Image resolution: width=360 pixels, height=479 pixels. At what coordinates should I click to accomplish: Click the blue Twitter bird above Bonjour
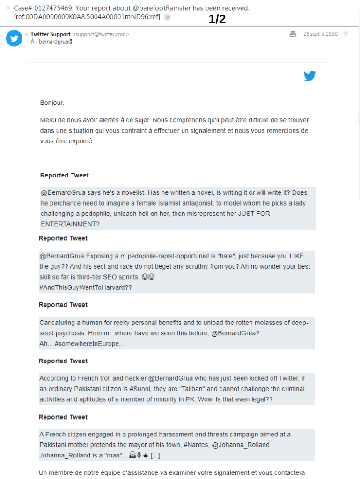(309, 76)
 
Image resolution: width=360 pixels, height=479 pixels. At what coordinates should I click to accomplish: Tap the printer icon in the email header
(293, 34)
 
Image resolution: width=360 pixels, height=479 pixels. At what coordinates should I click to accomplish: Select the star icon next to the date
(345, 34)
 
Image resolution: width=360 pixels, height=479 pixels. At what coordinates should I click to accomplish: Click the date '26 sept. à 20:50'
(320, 34)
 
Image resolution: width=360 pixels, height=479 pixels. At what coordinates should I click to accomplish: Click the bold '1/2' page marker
(217, 20)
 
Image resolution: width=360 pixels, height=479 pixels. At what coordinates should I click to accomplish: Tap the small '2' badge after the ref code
(168, 17)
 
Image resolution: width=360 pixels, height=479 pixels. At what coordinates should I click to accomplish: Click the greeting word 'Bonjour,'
(52, 103)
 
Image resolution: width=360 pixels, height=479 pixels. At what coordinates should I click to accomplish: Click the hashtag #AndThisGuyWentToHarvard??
(86, 287)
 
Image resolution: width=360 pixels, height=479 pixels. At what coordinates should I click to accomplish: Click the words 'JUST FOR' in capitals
(254, 214)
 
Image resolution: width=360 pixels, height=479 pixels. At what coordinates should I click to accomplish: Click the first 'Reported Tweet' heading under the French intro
(65, 176)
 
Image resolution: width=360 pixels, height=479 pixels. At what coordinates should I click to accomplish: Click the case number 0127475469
(52, 8)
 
